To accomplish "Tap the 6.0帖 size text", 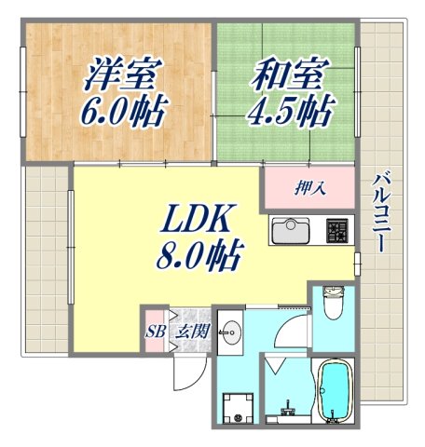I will [x=127, y=112].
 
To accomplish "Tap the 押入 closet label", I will [x=310, y=189].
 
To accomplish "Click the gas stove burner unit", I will [x=336, y=229].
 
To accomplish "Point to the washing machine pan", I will [x=239, y=407].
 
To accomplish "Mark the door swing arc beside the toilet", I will [x=296, y=328].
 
